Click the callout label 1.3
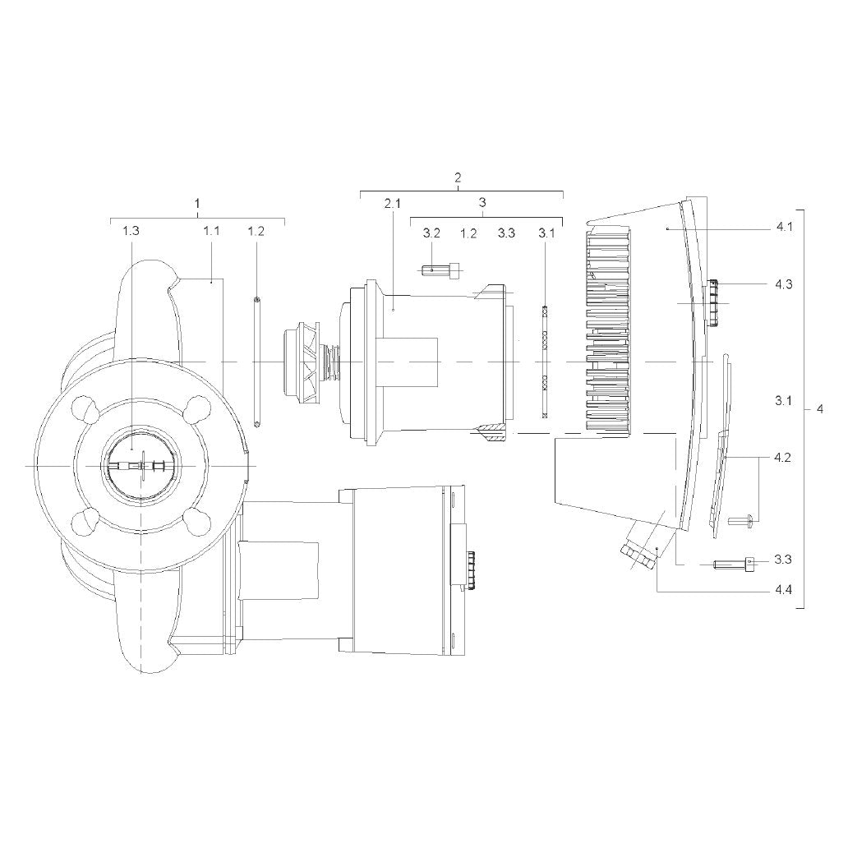tap(131, 231)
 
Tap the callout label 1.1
tap(211, 231)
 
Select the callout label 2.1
tap(392, 204)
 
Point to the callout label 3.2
tap(431, 233)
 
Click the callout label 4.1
tap(784, 227)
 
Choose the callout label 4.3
tap(784, 284)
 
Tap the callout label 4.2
tap(782, 458)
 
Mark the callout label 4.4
tap(783, 589)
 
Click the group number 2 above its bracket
tap(458, 177)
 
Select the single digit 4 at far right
tap(820, 409)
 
